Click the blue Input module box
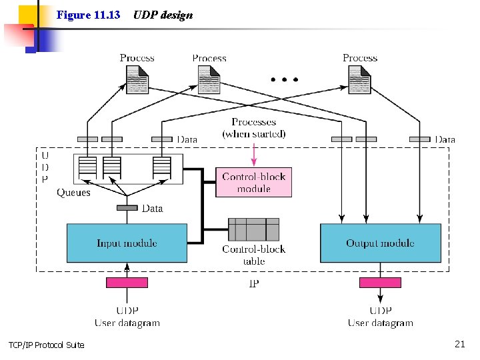tap(127, 243)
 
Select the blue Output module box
tap(380, 243)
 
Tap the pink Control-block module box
tap(253, 182)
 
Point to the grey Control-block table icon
tap(253, 229)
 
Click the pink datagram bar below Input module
tap(127, 282)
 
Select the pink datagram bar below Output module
tap(380, 282)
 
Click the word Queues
tap(73, 193)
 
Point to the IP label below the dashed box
tap(253, 283)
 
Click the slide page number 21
tap(459, 344)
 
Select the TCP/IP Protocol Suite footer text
tap(47, 345)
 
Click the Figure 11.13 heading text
tap(88, 15)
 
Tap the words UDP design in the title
tap(163, 15)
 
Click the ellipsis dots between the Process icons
tap(285, 79)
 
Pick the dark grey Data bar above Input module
tap(127, 208)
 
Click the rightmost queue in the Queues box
tap(161, 168)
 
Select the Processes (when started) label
tap(254, 128)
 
